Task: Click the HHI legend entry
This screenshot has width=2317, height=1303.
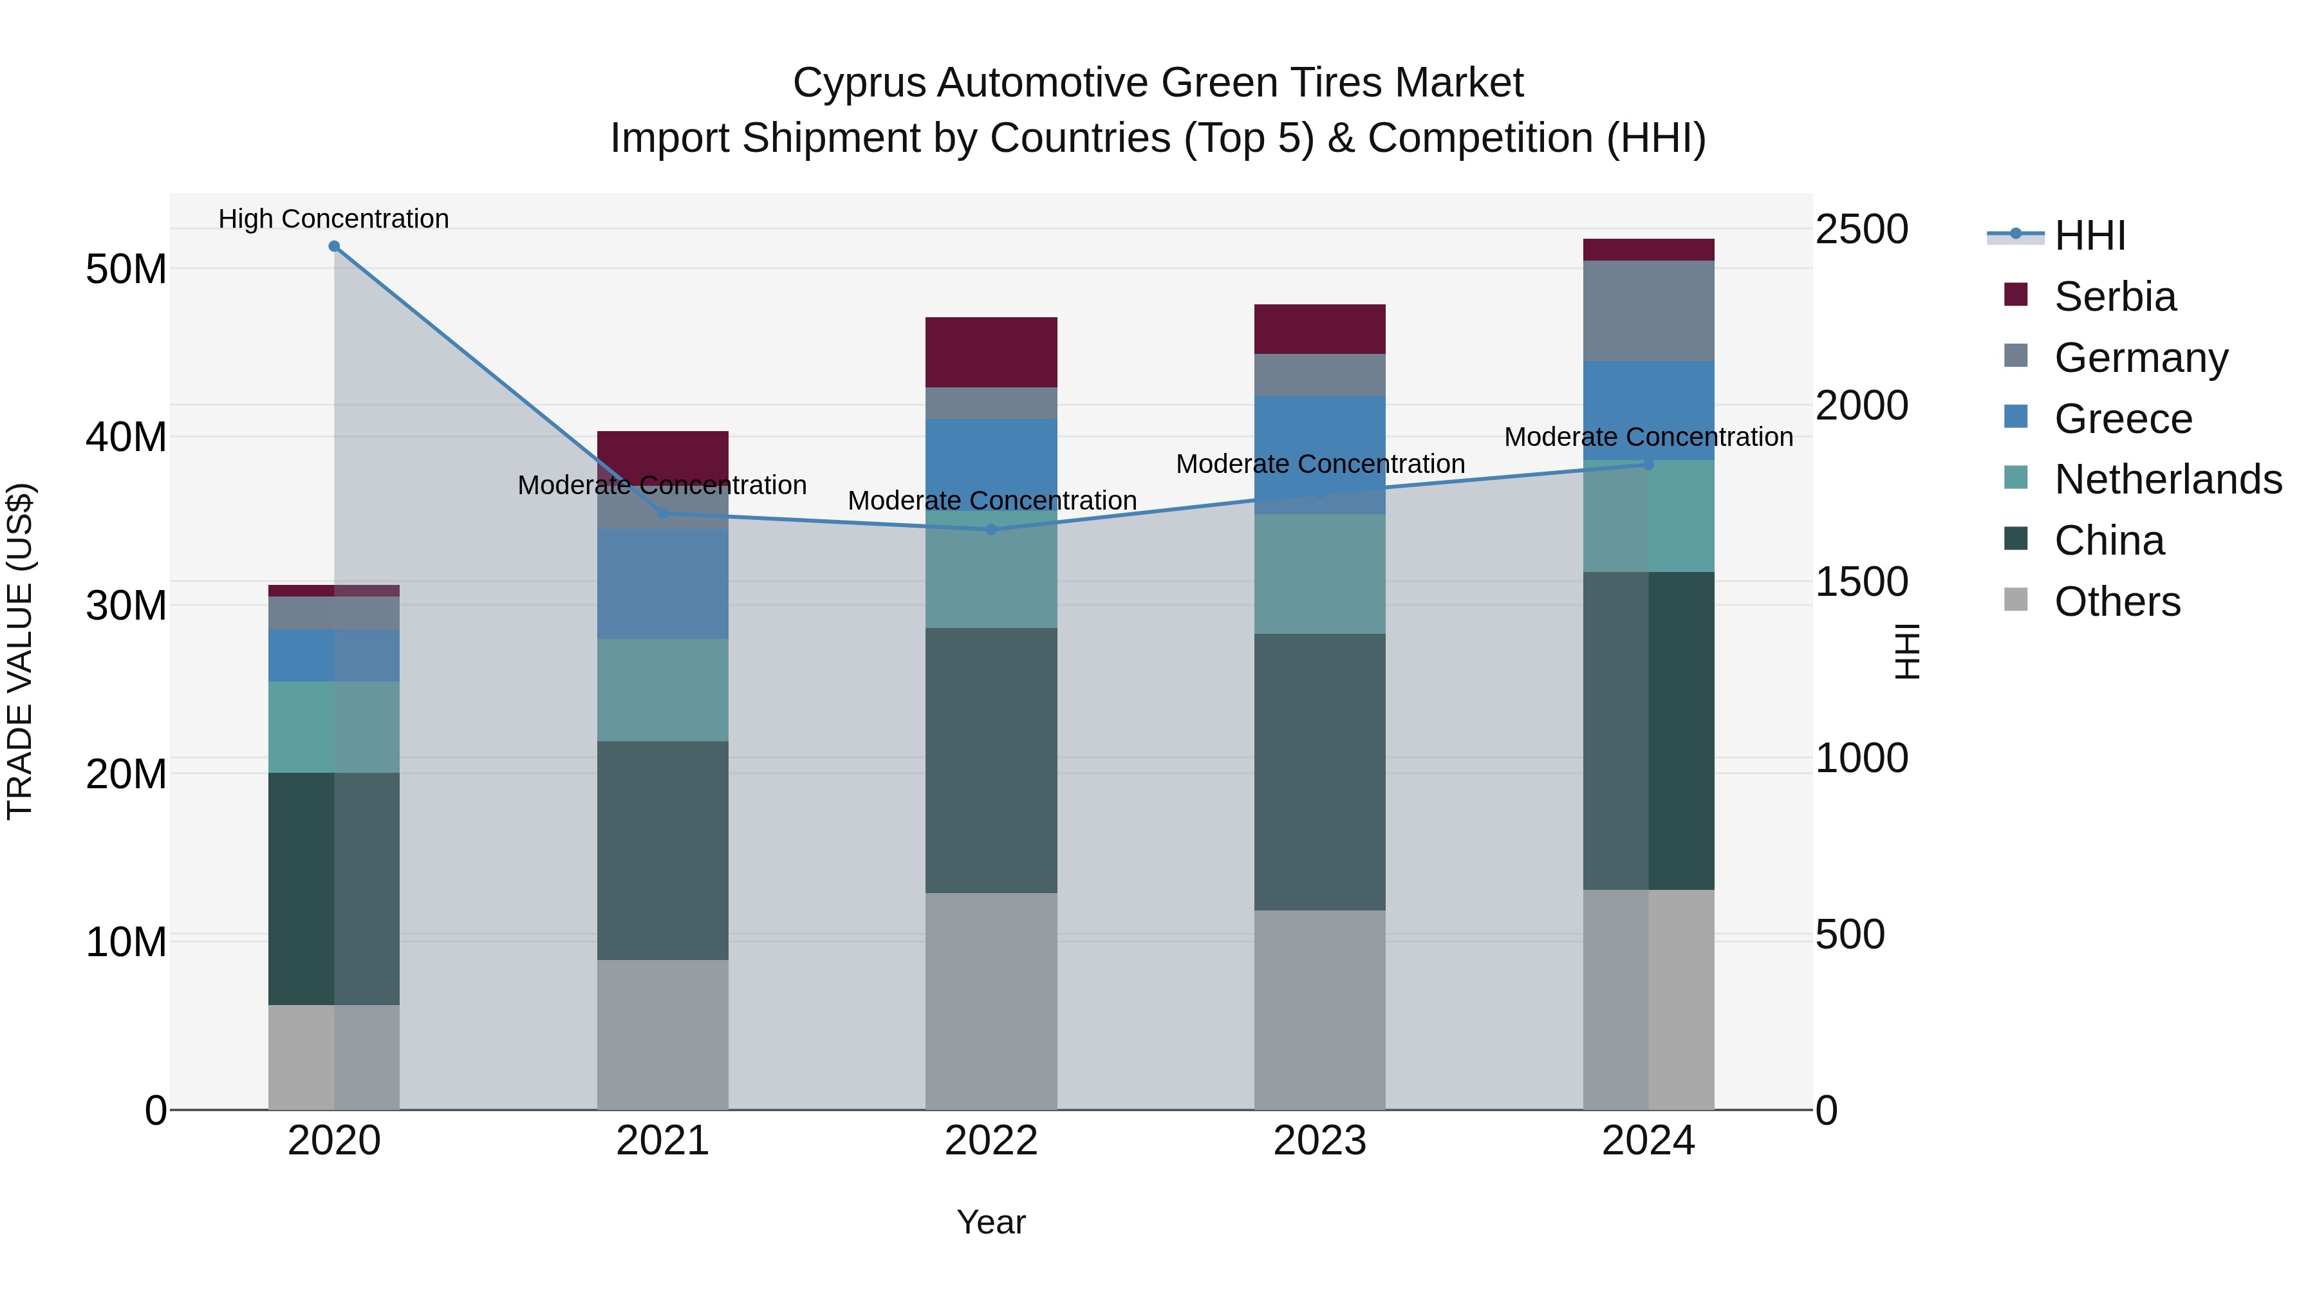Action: coord(2089,236)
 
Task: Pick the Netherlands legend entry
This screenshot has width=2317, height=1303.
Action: coord(2167,479)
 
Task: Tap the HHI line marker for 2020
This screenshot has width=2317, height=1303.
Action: coord(333,246)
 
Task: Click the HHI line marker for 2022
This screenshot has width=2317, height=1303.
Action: coord(991,530)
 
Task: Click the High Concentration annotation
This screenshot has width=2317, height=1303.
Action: coord(333,219)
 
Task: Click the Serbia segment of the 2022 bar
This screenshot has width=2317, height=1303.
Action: coord(991,353)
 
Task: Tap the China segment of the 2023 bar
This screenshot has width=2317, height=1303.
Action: coord(1319,772)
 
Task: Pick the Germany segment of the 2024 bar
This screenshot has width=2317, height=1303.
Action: coord(1649,311)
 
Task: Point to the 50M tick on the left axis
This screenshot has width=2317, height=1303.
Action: coord(126,269)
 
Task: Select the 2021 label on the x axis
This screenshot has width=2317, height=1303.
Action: coord(663,1141)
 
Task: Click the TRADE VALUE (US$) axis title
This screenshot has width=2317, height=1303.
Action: coord(20,651)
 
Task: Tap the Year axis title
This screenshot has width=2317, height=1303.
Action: coord(991,1222)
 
